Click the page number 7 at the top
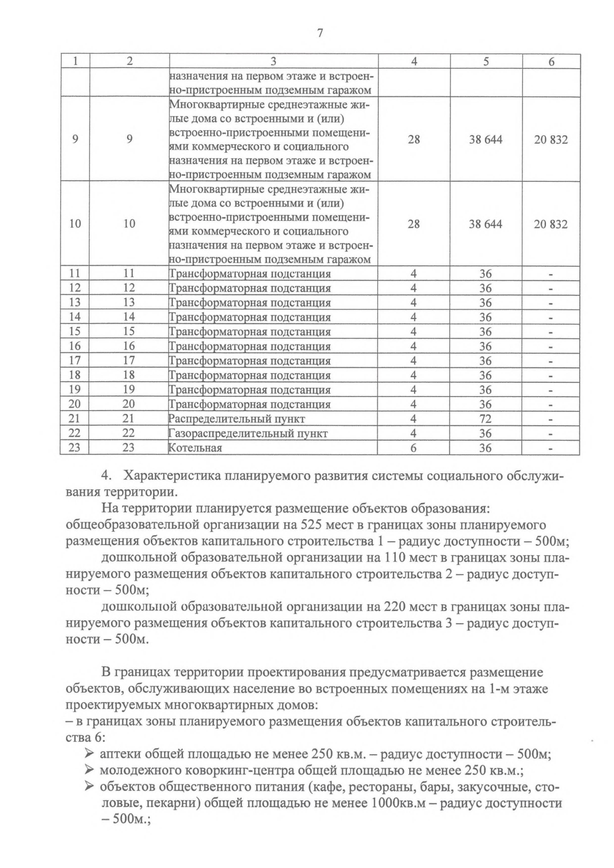point(320,34)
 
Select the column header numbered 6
point(551,61)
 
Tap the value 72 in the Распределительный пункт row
point(485,419)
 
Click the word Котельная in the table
point(195,448)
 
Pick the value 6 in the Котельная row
point(413,448)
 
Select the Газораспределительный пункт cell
point(248,433)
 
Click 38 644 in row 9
point(486,139)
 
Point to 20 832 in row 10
point(551,224)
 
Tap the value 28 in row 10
point(413,224)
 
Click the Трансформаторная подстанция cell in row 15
point(250,332)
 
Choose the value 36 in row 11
point(485,274)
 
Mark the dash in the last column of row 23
point(551,448)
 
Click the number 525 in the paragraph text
point(312,525)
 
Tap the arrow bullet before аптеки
point(89,753)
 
